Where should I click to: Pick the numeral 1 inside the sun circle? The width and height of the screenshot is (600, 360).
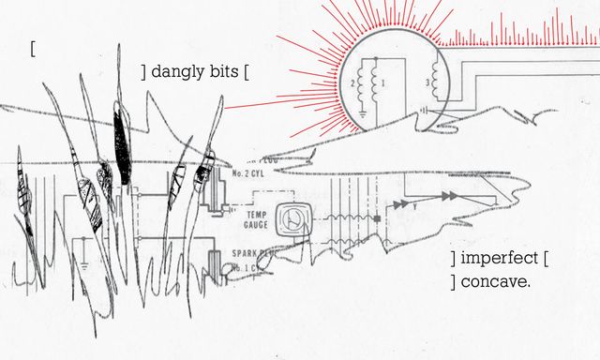385,84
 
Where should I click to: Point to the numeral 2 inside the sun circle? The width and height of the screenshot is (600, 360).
352,84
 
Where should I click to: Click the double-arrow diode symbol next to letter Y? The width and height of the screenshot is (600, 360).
452,193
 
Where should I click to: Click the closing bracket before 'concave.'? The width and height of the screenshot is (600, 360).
453,281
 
